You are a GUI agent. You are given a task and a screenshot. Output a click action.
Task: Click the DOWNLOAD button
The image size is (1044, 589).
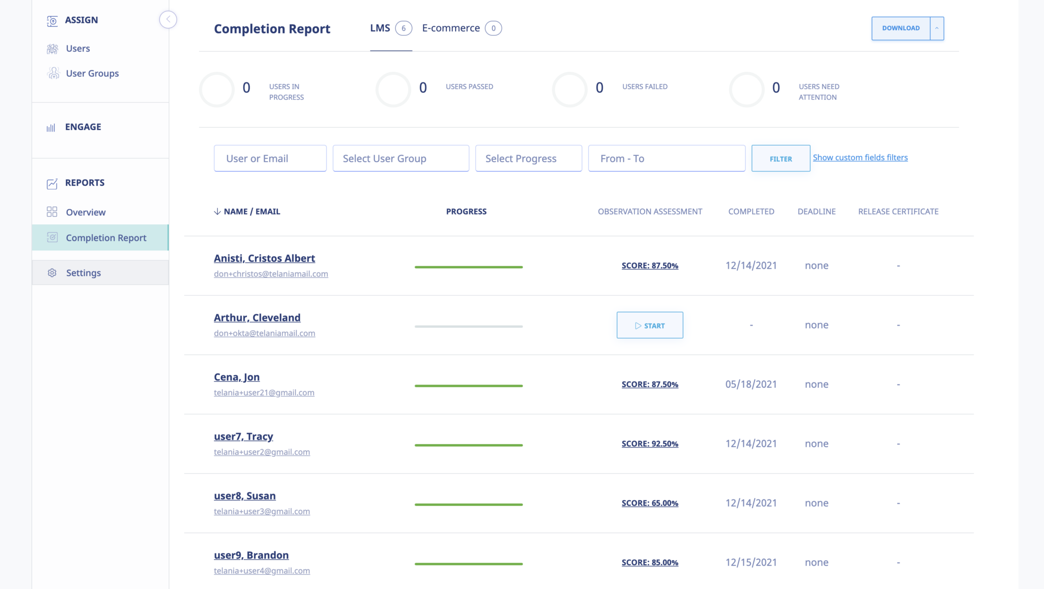coord(900,28)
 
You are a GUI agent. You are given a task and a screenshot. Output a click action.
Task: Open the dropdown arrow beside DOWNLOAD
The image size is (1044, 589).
coord(936,28)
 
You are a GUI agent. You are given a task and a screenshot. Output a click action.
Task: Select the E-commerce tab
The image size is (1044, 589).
coord(451,28)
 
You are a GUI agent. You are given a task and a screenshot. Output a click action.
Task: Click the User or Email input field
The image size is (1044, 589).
coord(270,159)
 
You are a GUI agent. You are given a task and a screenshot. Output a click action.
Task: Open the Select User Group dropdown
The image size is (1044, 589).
coord(400,159)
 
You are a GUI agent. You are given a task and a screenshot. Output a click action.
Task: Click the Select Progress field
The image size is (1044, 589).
coord(528,159)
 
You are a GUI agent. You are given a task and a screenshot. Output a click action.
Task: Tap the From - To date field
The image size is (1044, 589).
coord(666,159)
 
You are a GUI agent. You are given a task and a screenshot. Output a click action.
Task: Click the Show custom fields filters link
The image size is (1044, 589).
coord(860,158)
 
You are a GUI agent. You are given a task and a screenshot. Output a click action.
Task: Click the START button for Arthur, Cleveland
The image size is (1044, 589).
coord(649,325)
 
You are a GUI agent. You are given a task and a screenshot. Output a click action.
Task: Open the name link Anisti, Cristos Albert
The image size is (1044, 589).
coord(264,258)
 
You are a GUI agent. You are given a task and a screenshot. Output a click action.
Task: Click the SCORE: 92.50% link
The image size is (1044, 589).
coord(649,443)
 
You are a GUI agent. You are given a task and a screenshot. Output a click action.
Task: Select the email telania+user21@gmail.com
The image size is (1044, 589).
coord(264,393)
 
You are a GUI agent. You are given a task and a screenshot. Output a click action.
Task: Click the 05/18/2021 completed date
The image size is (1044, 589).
coord(751,384)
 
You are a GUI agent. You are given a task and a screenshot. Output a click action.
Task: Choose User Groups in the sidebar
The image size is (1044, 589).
coord(92,74)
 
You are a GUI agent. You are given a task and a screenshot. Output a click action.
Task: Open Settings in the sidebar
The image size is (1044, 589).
coord(83,273)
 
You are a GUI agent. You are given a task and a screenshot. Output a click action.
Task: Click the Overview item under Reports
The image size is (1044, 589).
coord(86,212)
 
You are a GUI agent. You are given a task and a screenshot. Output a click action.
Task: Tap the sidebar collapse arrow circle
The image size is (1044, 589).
coord(168,20)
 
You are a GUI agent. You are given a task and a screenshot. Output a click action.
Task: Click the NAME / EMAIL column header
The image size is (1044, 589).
coord(252,211)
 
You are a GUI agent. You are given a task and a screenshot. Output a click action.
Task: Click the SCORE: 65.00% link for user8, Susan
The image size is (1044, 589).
coord(649,503)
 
